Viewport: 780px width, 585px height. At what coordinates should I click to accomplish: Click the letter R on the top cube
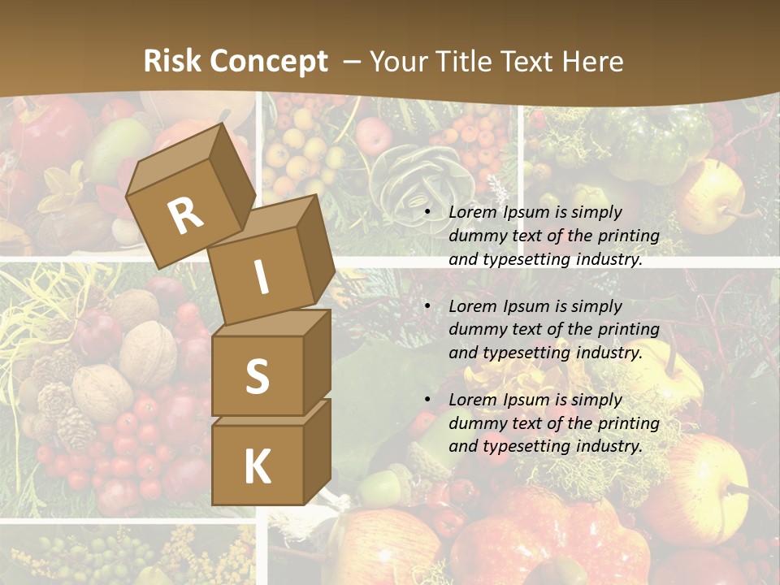pos(185,215)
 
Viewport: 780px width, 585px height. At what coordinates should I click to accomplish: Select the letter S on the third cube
pos(257,376)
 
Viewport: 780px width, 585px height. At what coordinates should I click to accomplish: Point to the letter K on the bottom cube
pos(257,466)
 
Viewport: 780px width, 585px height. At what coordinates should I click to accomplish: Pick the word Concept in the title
pos(268,62)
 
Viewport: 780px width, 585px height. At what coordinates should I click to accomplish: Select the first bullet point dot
pos(427,213)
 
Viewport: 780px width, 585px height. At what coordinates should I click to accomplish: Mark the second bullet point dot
pos(427,307)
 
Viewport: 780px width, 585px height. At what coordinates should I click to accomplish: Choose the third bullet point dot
pos(427,401)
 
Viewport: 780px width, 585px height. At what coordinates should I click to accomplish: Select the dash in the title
pos(352,61)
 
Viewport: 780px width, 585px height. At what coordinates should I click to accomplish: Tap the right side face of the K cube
pos(317,451)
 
